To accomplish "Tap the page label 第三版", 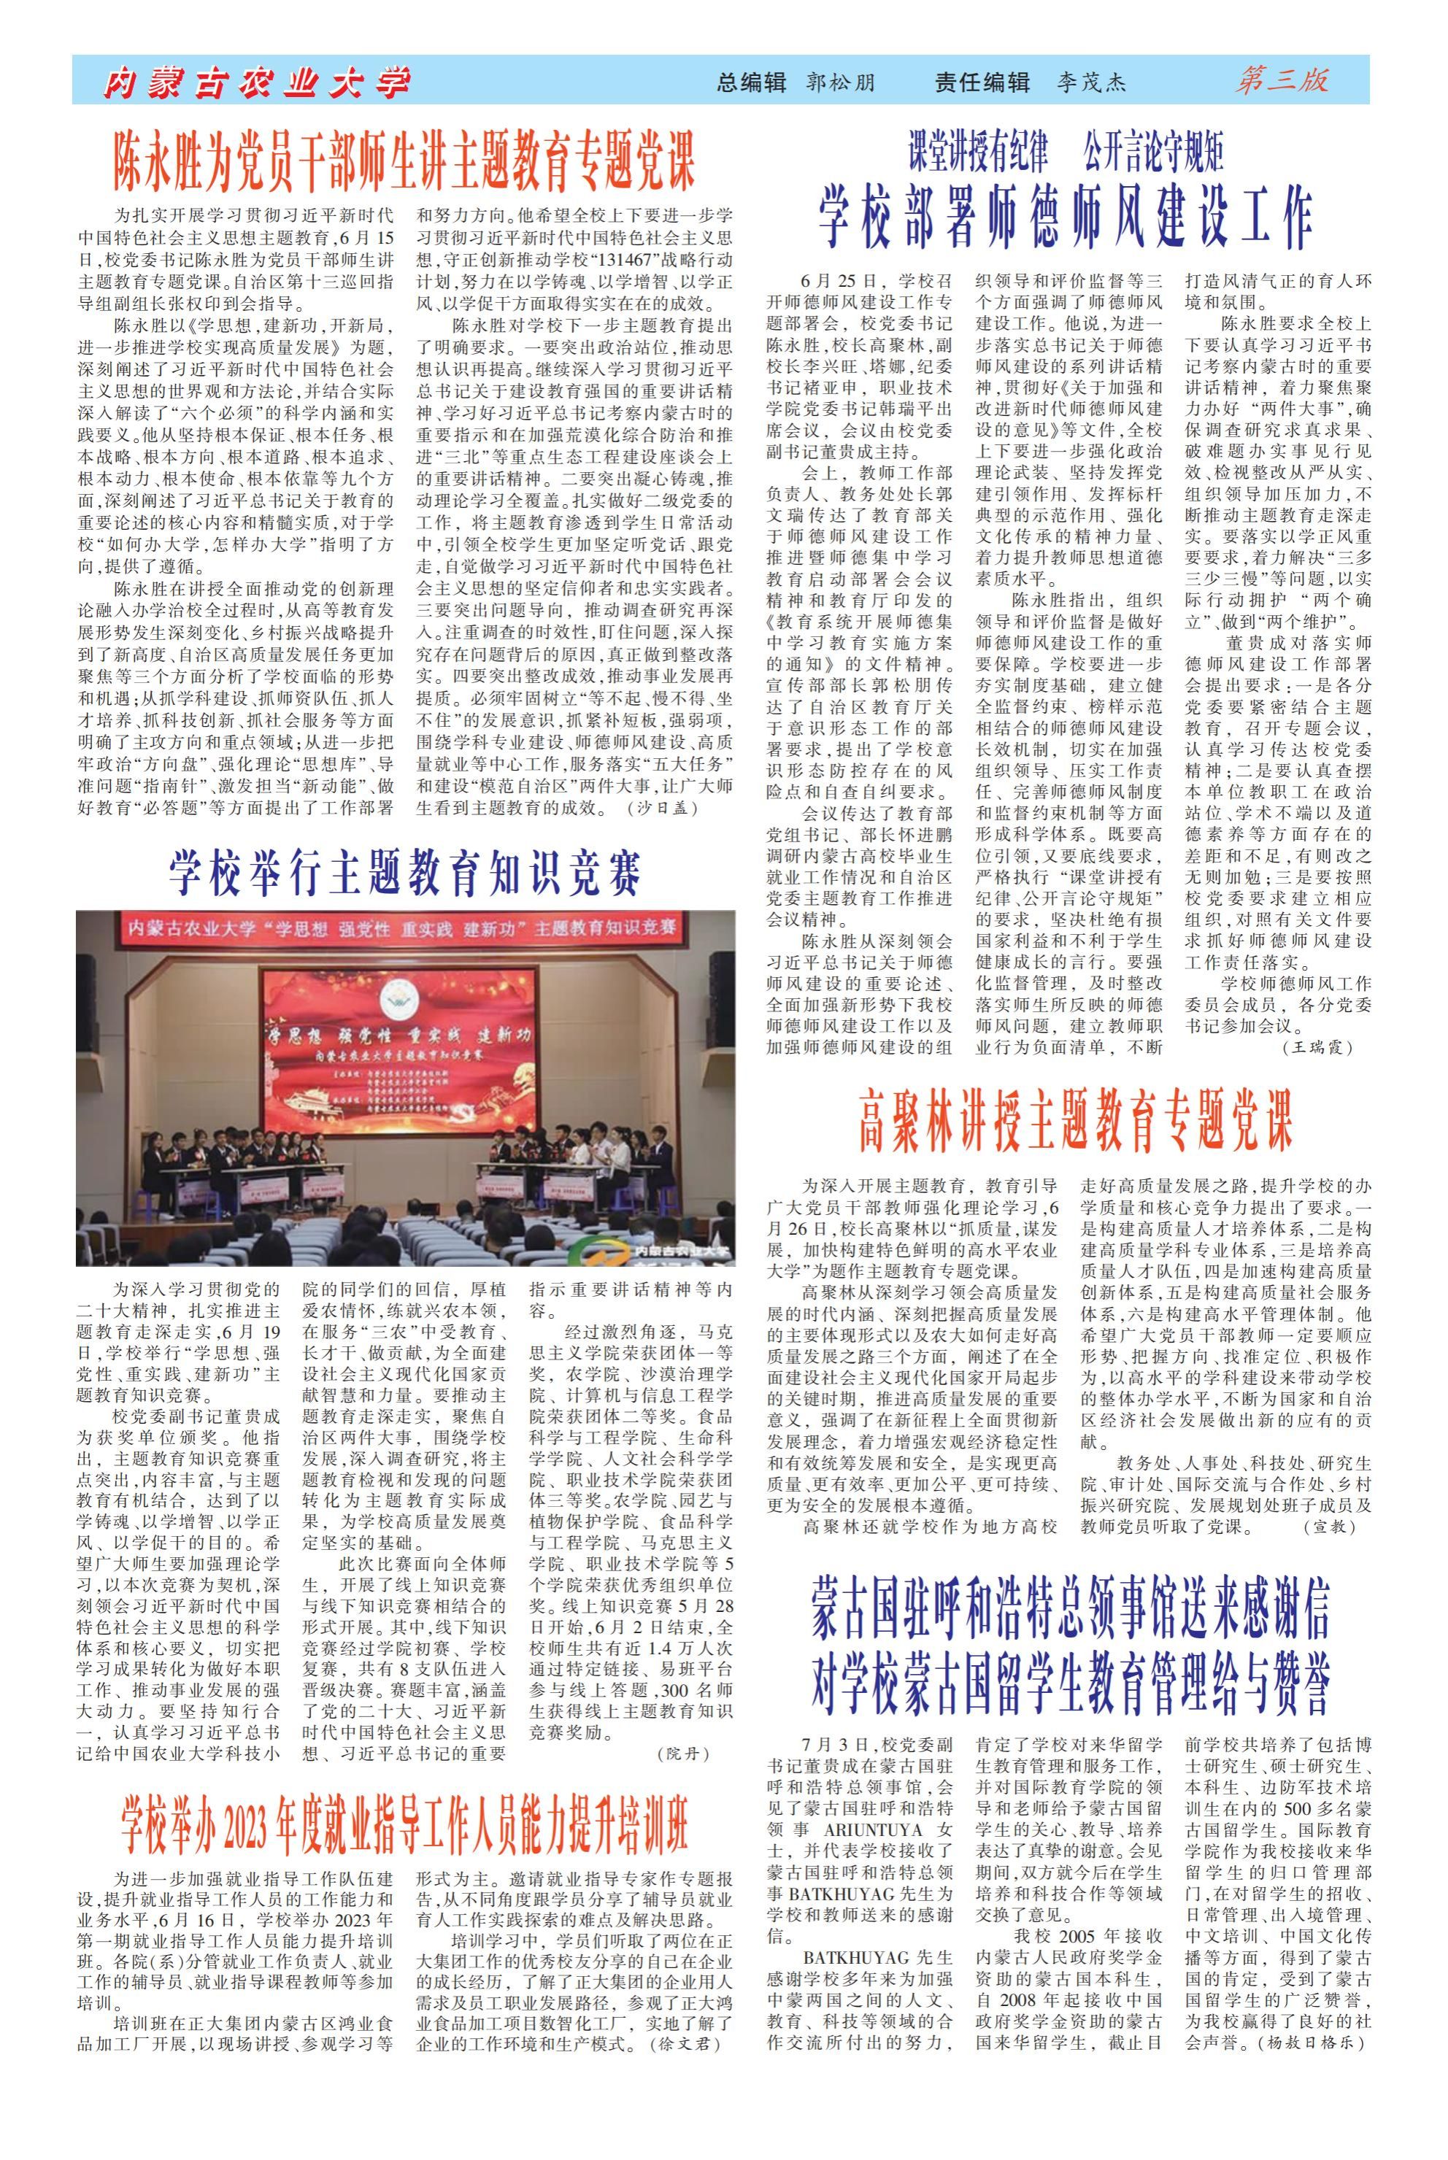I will (1283, 81).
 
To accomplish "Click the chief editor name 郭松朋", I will (839, 83).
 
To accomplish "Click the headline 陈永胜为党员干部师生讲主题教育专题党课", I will (404, 161).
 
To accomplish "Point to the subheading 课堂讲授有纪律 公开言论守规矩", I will (1066, 153).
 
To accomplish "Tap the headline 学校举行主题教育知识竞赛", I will (404, 873).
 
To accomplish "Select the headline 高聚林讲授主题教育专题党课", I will (1075, 1122).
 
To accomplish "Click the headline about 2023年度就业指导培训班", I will (404, 1797).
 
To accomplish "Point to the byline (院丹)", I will (682, 1753).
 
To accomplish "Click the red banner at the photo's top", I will (404, 927).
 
